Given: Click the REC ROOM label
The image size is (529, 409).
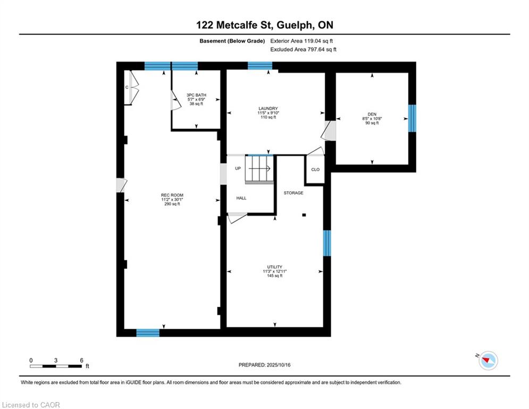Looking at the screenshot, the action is pos(172,195).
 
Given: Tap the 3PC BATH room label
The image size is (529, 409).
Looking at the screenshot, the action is pos(196,95).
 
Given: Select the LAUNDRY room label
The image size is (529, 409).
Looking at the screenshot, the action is pos(268,109).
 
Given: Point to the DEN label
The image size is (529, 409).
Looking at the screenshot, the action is pos(372,114).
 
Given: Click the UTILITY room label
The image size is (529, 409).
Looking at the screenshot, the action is pos(275,267).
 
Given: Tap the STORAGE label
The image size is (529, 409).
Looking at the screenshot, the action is pos(293,193).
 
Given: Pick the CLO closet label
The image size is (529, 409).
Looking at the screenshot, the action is pos(315,170).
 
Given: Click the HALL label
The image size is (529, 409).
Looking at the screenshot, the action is pos(241,198).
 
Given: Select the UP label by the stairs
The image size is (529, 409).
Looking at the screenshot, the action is pos(238,168).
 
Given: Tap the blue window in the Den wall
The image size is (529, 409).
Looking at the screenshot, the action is pos(412,118).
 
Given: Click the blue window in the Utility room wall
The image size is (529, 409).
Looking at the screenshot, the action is pos(327,243).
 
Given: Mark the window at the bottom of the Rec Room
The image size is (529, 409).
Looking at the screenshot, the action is pos(148,333).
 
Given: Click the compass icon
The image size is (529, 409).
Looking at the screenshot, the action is pos(488,361).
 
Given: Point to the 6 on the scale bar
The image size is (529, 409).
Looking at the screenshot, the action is pos(81,361).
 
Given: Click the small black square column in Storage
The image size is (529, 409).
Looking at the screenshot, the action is pos(304,215).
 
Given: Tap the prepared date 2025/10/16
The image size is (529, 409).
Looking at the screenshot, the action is pos(279,365).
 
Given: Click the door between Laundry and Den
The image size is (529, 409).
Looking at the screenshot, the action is pos(330,130).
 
